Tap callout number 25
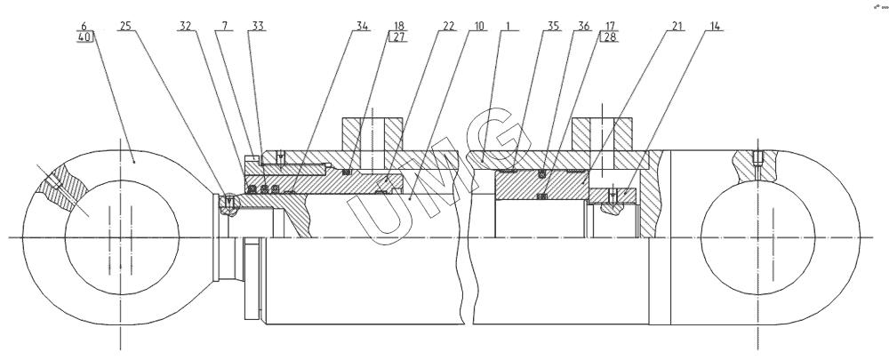coord(125,27)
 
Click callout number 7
coord(218,27)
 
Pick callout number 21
coord(677,27)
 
